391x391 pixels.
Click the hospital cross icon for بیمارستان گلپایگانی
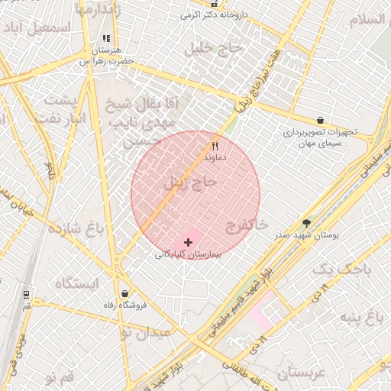pyautogui.click(x=189, y=242)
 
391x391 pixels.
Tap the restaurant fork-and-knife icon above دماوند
pyautogui.click(x=215, y=145)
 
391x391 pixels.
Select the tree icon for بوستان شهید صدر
pyautogui.click(x=307, y=224)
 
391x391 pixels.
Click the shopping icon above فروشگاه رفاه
pyautogui.click(x=124, y=294)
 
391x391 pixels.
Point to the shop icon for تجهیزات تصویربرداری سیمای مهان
pyautogui.click(x=319, y=120)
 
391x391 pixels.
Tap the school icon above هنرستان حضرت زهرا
pyautogui.click(x=106, y=37)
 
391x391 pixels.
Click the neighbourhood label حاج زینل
pyautogui.click(x=190, y=183)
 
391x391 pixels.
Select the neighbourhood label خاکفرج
pyautogui.click(x=247, y=225)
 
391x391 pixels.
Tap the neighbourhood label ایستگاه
pyautogui.click(x=77, y=284)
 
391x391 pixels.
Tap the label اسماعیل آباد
pyautogui.click(x=37, y=27)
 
